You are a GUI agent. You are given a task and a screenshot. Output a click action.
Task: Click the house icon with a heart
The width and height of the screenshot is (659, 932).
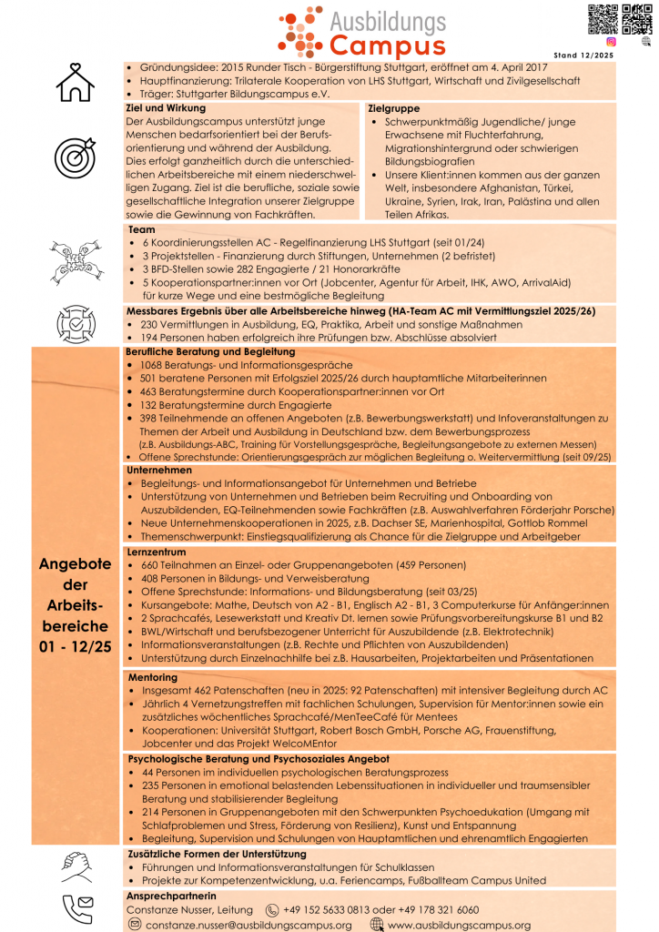(75, 82)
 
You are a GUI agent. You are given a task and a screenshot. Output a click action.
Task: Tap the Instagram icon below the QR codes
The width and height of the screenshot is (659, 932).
(611, 41)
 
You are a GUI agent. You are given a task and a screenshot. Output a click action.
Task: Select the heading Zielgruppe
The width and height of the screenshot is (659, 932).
(392, 107)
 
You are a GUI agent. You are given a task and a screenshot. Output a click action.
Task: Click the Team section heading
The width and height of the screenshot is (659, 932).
(142, 229)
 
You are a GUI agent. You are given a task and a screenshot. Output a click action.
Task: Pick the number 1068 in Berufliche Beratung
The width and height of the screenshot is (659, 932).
(155, 365)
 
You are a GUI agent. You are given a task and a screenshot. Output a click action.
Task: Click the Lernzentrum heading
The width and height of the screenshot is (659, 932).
(160, 552)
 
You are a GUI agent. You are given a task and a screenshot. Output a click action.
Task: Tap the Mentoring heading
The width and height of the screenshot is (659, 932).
(152, 677)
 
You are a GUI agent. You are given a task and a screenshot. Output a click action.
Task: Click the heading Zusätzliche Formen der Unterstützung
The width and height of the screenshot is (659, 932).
(215, 854)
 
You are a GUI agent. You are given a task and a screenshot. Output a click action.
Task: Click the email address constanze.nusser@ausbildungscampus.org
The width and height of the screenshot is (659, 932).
(248, 925)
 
